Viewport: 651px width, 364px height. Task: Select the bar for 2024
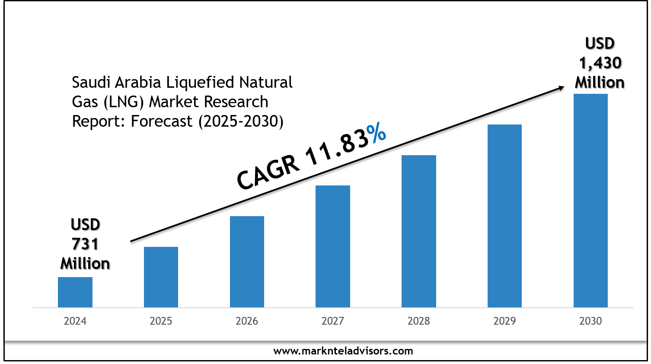point(75,292)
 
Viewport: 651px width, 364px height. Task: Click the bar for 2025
point(161,277)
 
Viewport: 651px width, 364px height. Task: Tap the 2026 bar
point(247,262)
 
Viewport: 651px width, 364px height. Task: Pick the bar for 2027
point(333,246)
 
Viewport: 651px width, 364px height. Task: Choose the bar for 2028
point(419,231)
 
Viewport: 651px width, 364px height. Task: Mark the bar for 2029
point(504,216)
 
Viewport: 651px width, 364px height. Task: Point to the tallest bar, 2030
point(590,201)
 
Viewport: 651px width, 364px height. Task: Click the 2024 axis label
point(75,321)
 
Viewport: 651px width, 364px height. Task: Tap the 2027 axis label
point(333,321)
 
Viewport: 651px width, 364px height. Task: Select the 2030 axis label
point(590,321)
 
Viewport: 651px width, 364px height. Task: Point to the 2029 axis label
point(504,321)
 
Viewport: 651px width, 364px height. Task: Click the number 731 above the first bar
point(85,244)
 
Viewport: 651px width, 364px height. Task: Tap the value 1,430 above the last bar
point(600,63)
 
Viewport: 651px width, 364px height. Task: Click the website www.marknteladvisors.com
point(343,351)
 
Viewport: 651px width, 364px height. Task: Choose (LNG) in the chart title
point(124,102)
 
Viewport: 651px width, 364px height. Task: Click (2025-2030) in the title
point(241,121)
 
